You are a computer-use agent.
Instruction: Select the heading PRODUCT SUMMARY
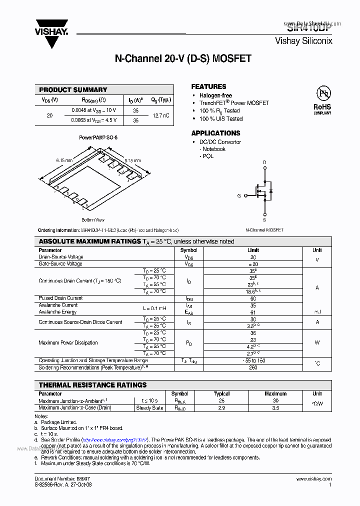pyautogui.click(x=73, y=90)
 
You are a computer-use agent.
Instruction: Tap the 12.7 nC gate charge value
pyautogui.click(x=160, y=115)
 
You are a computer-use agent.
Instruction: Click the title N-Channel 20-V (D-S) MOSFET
pyautogui.click(x=183, y=59)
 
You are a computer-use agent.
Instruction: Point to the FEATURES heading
pyautogui.click(x=208, y=86)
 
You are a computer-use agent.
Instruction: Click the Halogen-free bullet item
pyautogui.click(x=215, y=95)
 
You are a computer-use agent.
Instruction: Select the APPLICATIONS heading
pyautogui.click(x=215, y=133)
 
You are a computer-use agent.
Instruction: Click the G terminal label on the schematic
pyautogui.click(x=239, y=195)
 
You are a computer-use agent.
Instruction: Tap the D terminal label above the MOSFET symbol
pyautogui.click(x=264, y=162)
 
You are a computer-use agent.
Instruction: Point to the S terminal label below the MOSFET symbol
pyautogui.click(x=264, y=220)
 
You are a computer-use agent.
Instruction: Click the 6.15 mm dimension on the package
pyautogui.click(x=64, y=160)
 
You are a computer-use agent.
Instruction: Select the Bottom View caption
pyautogui.click(x=93, y=220)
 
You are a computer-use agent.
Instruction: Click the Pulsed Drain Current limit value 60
pyautogui.click(x=253, y=298)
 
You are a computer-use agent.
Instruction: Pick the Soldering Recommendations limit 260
pyautogui.click(x=253, y=367)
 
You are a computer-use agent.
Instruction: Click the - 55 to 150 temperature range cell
pyautogui.click(x=253, y=360)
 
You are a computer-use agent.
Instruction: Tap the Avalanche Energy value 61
pyautogui.click(x=253, y=312)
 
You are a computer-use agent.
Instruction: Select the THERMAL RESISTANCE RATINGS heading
pyautogui.click(x=93, y=385)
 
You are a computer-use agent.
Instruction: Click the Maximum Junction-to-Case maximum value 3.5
pyautogui.click(x=275, y=408)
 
